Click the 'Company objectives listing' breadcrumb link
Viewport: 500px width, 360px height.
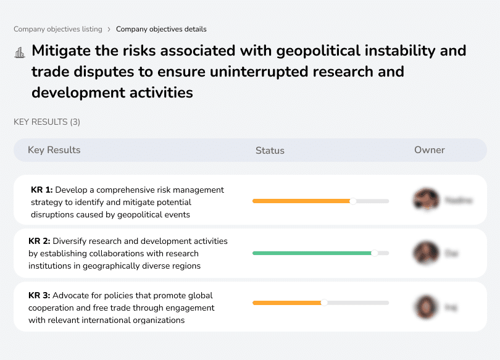57,29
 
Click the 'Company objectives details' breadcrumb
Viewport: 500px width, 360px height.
161,29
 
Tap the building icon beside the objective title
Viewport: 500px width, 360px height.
20,52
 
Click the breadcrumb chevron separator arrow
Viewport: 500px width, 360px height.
109,29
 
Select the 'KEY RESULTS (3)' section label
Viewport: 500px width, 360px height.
47,122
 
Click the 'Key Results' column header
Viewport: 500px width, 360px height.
54,150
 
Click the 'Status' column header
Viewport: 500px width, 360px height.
270,150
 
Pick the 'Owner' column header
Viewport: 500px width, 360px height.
429,150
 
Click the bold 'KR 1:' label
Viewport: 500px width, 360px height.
41,190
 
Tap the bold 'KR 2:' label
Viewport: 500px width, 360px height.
40,241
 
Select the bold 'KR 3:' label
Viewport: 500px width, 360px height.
40,296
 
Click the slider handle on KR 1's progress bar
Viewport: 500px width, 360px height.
353,201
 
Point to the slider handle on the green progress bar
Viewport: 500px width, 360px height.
374,253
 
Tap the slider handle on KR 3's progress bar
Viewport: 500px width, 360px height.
324,303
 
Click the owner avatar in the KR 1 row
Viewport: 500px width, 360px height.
426,199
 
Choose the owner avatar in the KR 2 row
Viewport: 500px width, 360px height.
426,253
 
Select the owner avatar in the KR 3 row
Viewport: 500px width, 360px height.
426,306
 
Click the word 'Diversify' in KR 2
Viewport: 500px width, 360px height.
70,241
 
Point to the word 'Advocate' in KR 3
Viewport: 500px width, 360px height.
70,296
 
